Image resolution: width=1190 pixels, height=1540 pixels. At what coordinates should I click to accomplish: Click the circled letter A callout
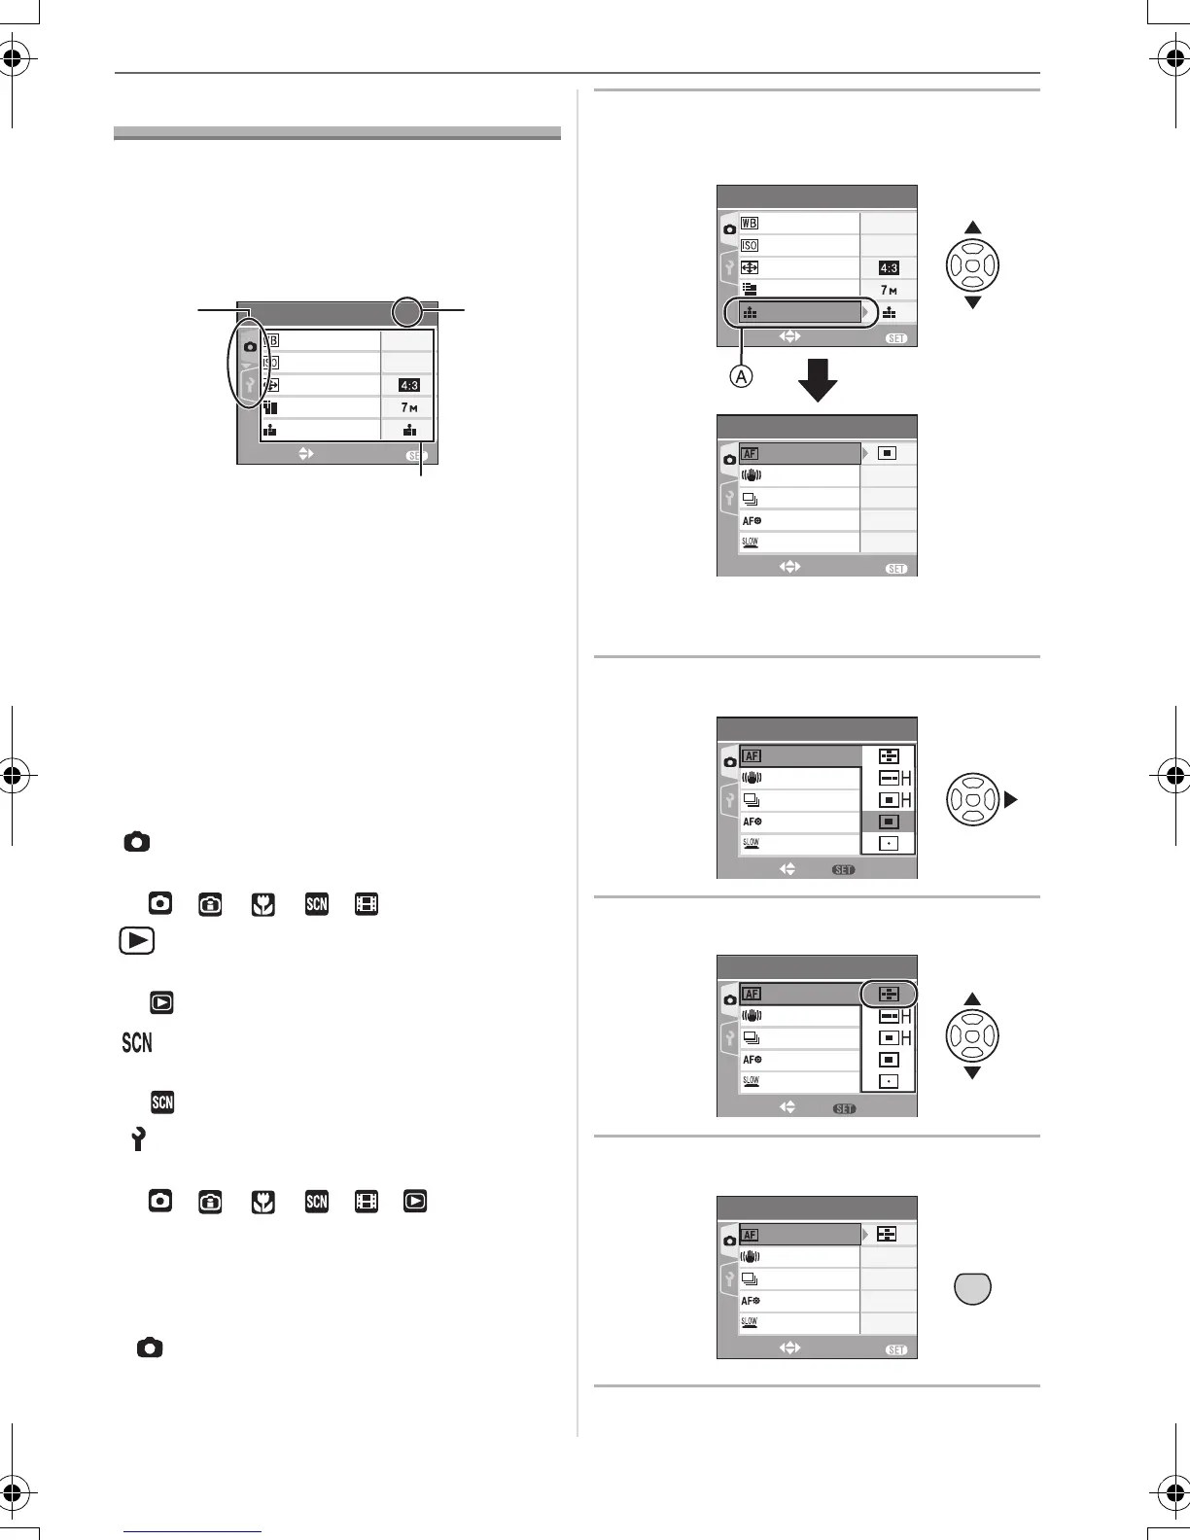coord(741,375)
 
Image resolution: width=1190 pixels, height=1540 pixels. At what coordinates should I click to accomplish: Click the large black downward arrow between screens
coord(818,379)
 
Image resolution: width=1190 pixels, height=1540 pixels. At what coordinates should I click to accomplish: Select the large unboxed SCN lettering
coord(137,1043)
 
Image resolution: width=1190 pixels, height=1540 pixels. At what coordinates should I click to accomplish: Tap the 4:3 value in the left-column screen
coord(409,385)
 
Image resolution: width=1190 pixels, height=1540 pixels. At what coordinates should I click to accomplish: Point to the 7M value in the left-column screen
coord(409,407)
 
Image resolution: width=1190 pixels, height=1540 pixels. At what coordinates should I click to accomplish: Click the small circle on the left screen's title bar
coord(408,312)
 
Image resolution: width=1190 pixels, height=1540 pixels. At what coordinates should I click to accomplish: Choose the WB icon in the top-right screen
coord(750,224)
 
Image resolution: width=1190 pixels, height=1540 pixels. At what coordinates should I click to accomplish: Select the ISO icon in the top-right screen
coord(750,245)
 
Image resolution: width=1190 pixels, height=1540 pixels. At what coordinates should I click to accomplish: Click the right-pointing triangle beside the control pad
coord(1010,800)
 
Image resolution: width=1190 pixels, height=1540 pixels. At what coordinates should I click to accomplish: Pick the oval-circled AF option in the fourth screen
coord(889,994)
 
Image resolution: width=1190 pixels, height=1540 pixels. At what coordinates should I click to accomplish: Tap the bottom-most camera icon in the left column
coord(150,1347)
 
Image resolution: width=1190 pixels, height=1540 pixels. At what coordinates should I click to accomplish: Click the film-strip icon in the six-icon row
coord(367,1201)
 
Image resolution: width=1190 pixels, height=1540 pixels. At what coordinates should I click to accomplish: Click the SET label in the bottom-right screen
coord(896,1349)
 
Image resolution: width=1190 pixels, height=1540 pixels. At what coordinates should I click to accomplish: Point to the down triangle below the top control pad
coord(972,303)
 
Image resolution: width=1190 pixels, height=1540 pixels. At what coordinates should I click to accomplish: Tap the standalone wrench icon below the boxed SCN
coord(137,1139)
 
